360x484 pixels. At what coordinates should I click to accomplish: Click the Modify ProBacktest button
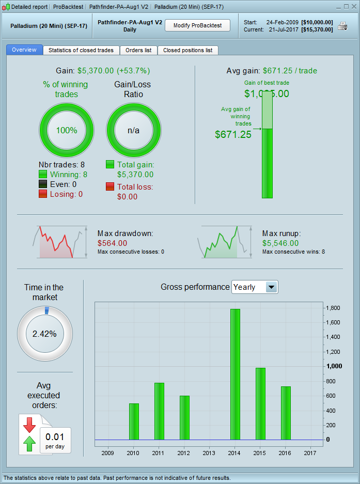197,25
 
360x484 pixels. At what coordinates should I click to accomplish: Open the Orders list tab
138,50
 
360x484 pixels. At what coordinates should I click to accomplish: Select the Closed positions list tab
187,50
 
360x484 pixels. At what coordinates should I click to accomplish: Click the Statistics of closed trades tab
81,50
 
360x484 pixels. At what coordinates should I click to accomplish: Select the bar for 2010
134,421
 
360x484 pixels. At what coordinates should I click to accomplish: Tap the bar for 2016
286,413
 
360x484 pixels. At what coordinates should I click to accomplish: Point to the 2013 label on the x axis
210,452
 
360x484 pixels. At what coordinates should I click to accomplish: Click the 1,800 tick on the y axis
334,308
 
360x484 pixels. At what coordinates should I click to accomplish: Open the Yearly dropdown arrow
271,287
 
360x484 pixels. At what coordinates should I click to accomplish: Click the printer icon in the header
342,26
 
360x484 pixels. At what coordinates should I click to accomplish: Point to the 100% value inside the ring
67,130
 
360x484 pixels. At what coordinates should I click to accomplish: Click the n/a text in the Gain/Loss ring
133,130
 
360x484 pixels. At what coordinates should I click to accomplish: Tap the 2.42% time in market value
44,334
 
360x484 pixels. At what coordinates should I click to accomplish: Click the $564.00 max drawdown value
112,243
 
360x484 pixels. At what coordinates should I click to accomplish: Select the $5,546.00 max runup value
280,243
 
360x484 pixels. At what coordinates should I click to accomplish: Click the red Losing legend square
43,194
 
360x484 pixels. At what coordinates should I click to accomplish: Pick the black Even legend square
43,184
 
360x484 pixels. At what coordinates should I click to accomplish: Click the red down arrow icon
29,425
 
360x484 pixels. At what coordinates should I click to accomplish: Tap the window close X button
354,7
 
